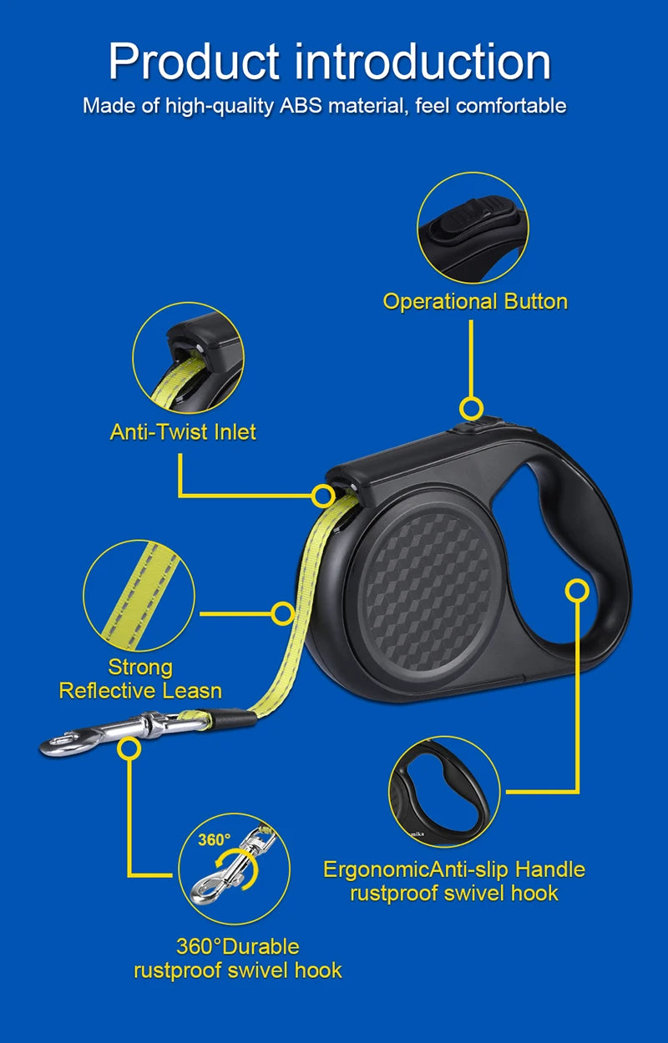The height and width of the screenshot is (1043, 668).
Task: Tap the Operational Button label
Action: [475, 301]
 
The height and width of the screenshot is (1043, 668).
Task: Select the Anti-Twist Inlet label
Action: [183, 431]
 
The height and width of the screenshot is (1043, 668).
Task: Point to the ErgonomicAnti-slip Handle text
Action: [453, 869]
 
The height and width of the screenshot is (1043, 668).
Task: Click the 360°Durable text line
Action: [237, 946]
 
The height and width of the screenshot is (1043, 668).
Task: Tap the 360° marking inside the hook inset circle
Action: [214, 839]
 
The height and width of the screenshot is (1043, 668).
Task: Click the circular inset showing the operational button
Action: [473, 228]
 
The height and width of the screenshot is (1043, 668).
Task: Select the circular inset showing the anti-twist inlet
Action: [188, 357]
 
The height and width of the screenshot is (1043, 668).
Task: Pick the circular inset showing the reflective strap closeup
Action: [139, 596]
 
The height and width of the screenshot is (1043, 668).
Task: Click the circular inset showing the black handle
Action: [444, 791]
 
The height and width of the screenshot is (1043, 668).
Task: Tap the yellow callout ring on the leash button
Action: [472, 409]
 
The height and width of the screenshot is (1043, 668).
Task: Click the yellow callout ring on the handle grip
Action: [577, 590]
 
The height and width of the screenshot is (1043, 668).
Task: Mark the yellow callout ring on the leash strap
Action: [283, 614]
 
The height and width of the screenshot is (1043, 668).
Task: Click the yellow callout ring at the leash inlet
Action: [323, 496]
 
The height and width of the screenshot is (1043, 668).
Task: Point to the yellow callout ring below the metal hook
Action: [128, 748]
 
